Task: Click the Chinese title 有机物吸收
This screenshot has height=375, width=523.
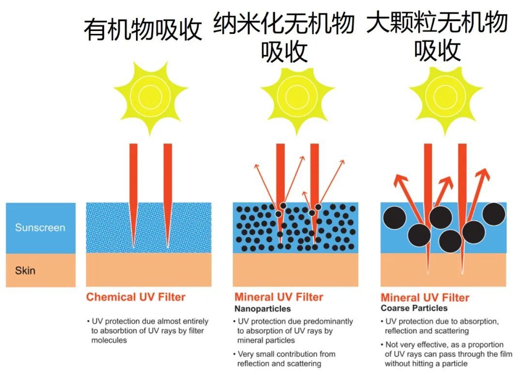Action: coord(142,30)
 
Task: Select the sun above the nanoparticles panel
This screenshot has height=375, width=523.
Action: coord(297,97)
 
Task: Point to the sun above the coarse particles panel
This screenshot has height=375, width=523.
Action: coord(445,97)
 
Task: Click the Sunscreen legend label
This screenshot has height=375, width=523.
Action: coord(40,228)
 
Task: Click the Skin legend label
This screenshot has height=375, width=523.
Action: coord(25,270)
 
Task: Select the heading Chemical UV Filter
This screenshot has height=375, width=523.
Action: coord(136,297)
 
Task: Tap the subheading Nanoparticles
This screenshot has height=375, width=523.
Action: coord(262,308)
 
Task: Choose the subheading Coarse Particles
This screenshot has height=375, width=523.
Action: coord(414,308)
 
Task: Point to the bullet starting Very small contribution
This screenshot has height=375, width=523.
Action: coord(285,359)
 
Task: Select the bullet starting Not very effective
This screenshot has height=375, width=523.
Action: coord(446,354)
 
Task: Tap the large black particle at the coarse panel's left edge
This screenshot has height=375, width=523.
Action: coord(394,219)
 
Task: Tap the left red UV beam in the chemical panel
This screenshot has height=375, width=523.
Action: coord(134,188)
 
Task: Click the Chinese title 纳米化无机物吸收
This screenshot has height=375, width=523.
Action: coord(284,38)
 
